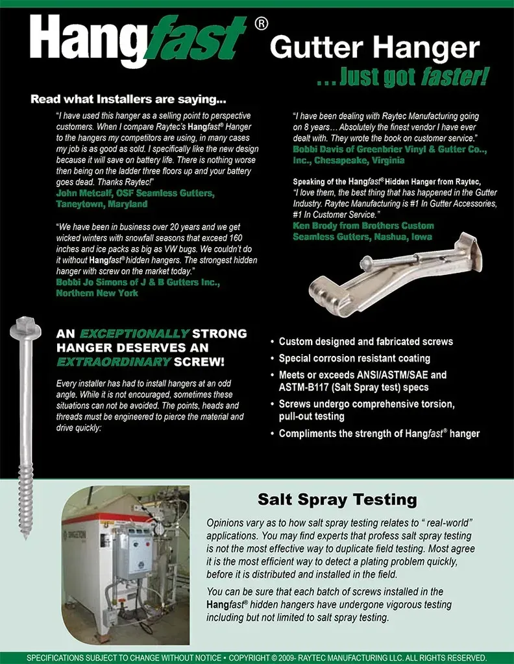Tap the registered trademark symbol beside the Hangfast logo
(261, 24)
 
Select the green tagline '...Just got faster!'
(403, 77)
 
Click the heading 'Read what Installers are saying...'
(128, 101)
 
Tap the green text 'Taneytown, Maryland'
(102, 204)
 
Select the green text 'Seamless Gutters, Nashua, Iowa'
(362, 236)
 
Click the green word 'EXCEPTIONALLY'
(134, 334)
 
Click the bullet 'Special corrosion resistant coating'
(354, 358)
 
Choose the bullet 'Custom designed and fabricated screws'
(366, 341)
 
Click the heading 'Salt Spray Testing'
(337, 499)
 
